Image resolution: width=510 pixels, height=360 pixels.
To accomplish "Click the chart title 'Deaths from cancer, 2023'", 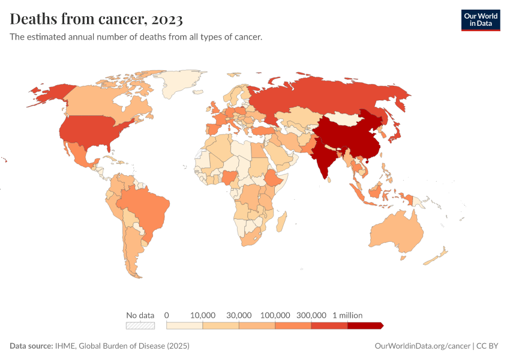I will click(x=97, y=19).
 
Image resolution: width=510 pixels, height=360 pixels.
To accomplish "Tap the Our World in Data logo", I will click(x=480, y=20).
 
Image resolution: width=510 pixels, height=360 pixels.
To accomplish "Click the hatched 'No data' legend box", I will click(x=140, y=326).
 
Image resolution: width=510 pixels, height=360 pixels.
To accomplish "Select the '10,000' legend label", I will click(x=203, y=315).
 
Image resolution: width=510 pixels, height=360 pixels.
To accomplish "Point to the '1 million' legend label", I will click(x=347, y=315).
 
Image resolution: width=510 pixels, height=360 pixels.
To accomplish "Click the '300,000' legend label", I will click(x=311, y=315).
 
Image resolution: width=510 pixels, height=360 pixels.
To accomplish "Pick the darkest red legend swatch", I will click(x=364, y=326).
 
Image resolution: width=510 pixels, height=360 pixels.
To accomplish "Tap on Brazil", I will click(x=144, y=208).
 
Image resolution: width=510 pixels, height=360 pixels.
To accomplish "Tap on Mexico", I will click(x=79, y=154).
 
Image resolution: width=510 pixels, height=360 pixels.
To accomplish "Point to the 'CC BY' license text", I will click(x=488, y=346).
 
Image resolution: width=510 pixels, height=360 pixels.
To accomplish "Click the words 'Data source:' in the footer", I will click(x=31, y=346).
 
